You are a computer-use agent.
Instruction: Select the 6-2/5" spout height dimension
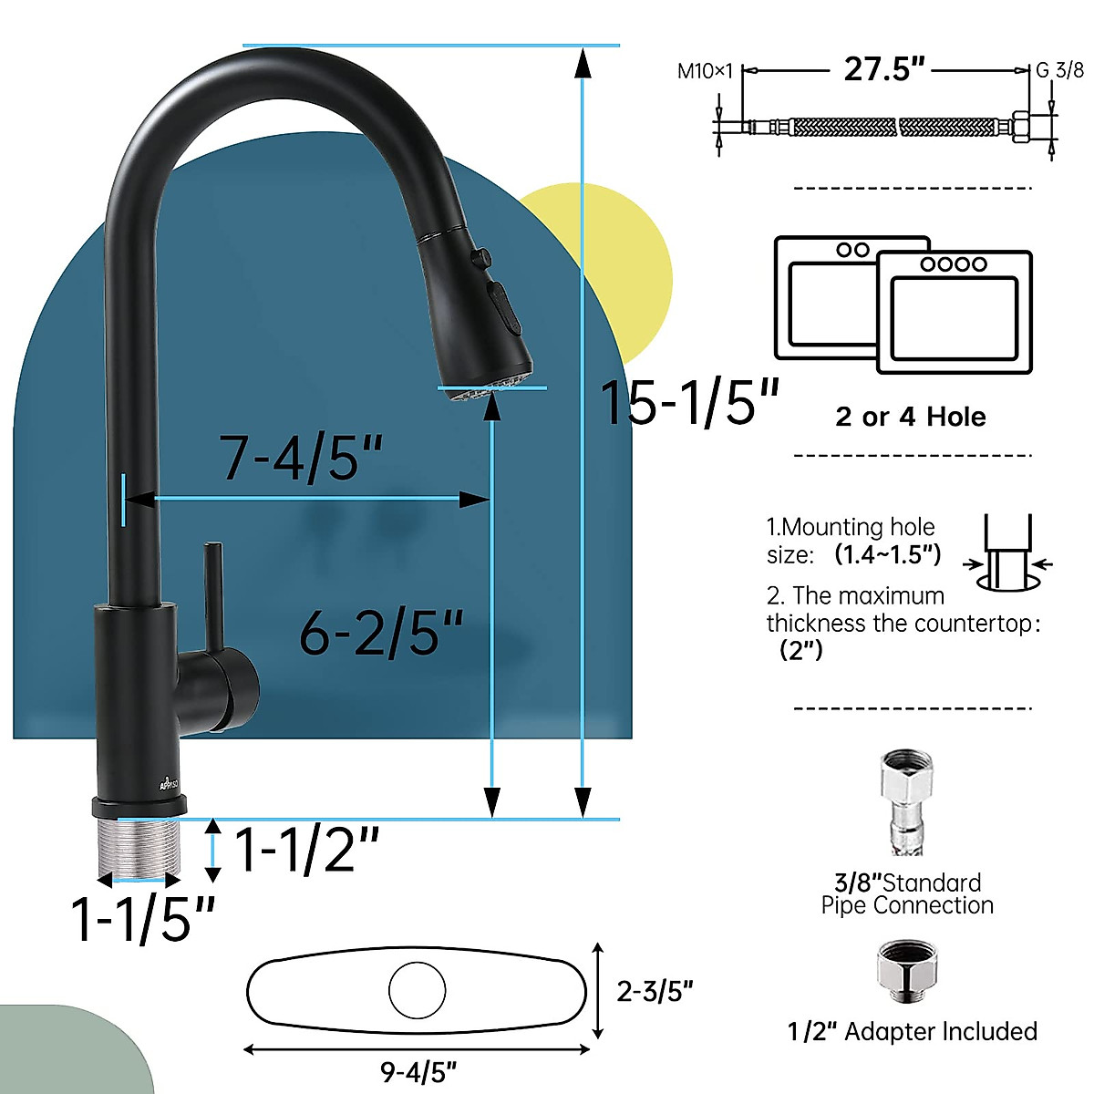[x=381, y=632]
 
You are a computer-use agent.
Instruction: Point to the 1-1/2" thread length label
[x=306, y=850]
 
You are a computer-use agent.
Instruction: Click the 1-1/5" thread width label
[x=143, y=918]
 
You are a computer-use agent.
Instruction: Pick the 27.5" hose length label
[x=883, y=69]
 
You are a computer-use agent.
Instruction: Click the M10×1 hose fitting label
[x=705, y=71]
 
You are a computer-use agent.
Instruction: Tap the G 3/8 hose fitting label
[x=1059, y=70]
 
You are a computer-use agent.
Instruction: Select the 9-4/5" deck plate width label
[x=418, y=1072]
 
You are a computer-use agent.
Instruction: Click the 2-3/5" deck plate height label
[x=655, y=991]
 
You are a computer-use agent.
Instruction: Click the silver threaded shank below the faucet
[x=139, y=845]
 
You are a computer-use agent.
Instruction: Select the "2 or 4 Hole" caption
[x=910, y=417]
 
